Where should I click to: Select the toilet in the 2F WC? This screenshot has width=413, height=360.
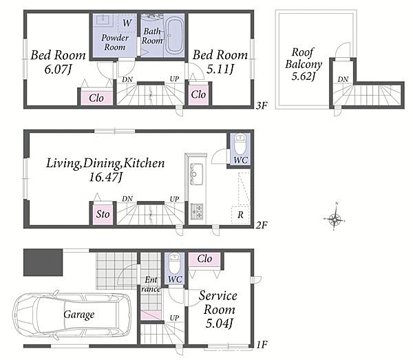[240, 144]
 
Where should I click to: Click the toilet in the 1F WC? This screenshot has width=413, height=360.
[174, 263]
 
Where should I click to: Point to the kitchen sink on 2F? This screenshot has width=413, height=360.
[196, 174]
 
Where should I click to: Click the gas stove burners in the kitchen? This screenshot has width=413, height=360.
[196, 211]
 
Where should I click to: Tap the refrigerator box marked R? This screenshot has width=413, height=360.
[240, 215]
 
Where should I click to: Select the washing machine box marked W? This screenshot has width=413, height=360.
[127, 23]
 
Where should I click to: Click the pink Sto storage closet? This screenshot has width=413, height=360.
[103, 214]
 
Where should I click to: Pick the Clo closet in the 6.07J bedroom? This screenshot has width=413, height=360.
[96, 98]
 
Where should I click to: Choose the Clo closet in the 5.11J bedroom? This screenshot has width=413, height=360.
[198, 94]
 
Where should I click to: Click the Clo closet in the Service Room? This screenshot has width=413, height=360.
[204, 259]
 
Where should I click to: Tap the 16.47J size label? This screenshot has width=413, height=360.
[105, 177]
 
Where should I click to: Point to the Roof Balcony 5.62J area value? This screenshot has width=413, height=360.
[304, 76]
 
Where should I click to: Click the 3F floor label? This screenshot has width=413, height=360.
[262, 105]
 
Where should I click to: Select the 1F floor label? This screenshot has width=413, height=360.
[262, 344]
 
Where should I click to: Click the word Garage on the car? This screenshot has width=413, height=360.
[79, 315]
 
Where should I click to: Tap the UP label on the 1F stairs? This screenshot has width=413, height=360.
[174, 318]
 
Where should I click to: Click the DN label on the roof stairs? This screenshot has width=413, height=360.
[343, 79]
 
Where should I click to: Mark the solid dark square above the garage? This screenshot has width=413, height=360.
[43, 262]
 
